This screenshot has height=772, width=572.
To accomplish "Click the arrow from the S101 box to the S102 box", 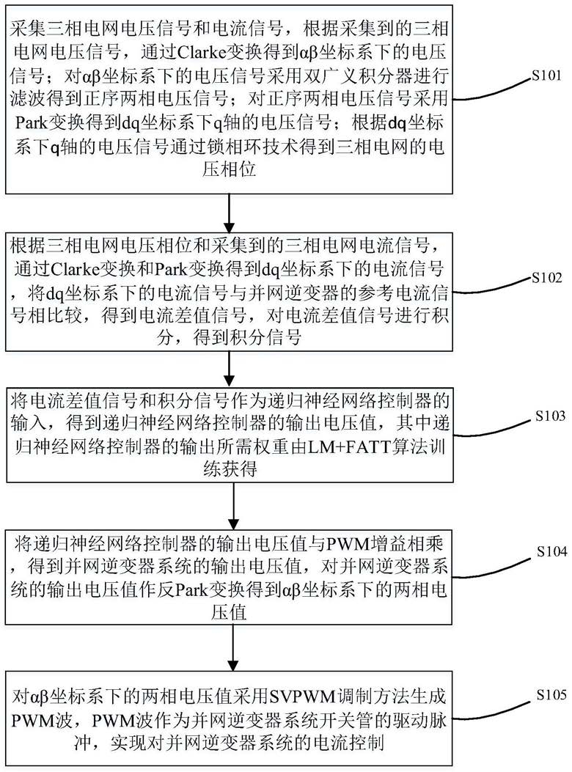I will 232,211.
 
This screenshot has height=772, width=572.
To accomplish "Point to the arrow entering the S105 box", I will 232,642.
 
